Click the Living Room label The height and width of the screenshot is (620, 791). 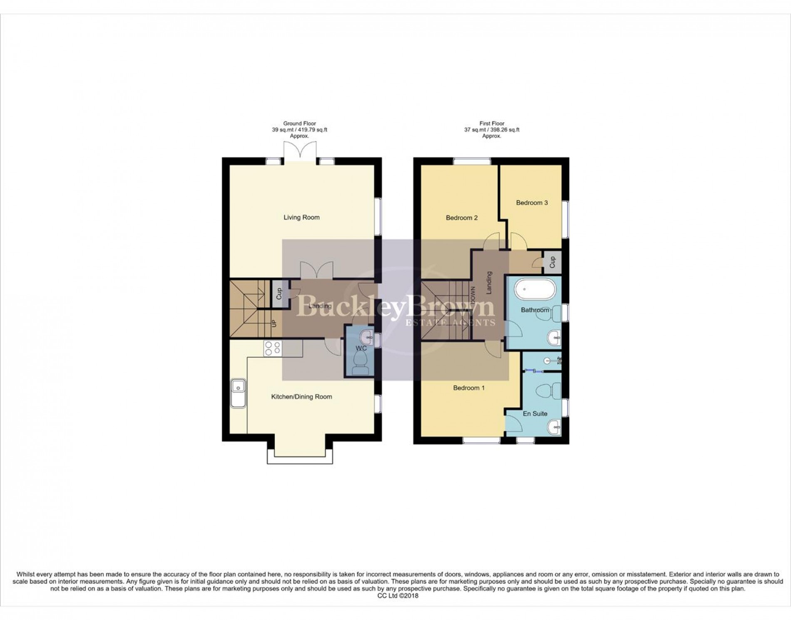coord(301,217)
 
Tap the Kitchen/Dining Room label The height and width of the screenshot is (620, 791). coord(301,397)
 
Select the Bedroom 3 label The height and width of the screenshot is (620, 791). coord(532,203)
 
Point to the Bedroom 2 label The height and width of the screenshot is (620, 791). coord(461,218)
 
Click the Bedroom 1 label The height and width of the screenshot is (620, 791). coord(468,388)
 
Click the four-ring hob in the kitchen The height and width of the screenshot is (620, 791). coord(272,348)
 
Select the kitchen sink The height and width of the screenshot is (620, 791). coord(238,393)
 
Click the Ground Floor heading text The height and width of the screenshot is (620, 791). coord(299,124)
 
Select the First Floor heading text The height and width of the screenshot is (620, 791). coord(492,124)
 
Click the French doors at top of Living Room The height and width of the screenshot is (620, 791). coord(300,151)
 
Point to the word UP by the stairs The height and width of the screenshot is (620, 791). coord(274,322)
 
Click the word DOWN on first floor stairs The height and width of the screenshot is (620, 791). coord(473,295)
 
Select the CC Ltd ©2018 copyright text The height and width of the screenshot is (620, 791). coord(398,595)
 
